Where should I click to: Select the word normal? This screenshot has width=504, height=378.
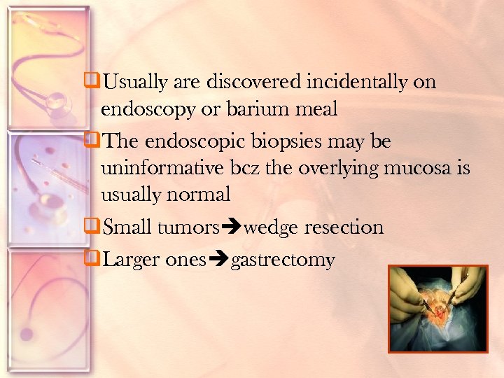pos(199,195)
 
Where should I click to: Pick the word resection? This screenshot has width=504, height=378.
pos(347,227)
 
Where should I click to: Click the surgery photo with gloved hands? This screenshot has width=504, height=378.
pos(438,308)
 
